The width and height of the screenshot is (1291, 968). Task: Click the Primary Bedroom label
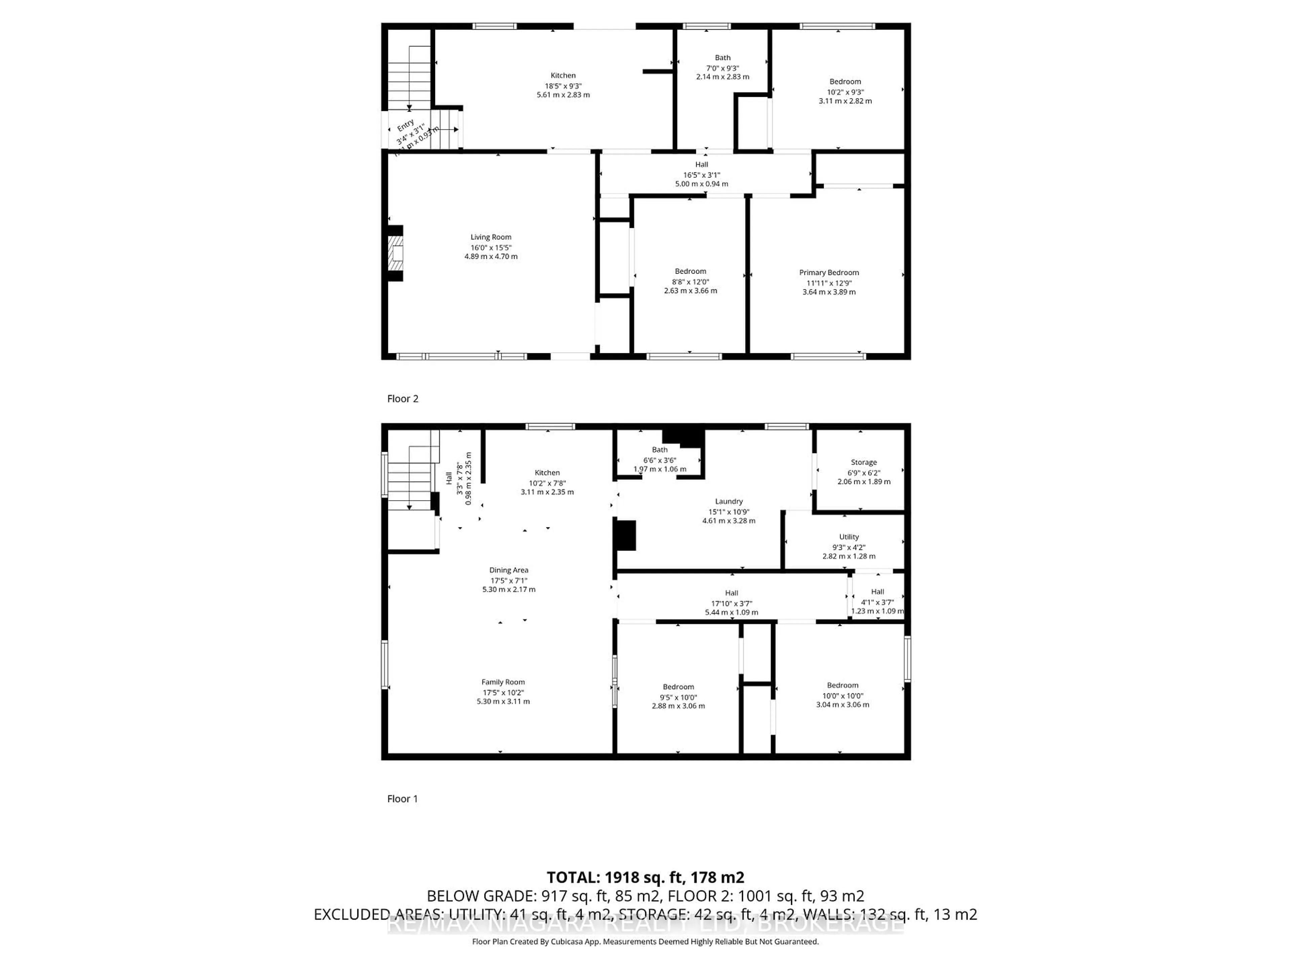[829, 273]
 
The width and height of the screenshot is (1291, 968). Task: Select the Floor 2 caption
[403, 399]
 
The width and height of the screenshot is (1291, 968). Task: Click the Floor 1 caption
[403, 799]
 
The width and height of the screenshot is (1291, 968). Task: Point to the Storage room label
[863, 462]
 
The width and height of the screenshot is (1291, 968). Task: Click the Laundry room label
[729, 501]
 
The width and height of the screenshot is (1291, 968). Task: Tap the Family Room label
[503, 682]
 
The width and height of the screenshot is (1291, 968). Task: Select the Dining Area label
[508, 570]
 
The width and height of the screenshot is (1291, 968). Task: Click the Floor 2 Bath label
[722, 58]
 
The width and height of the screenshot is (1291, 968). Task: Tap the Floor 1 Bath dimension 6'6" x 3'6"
[660, 460]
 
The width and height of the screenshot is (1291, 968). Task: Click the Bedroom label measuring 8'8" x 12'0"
[691, 271]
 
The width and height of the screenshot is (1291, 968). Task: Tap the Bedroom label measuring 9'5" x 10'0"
[678, 687]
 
